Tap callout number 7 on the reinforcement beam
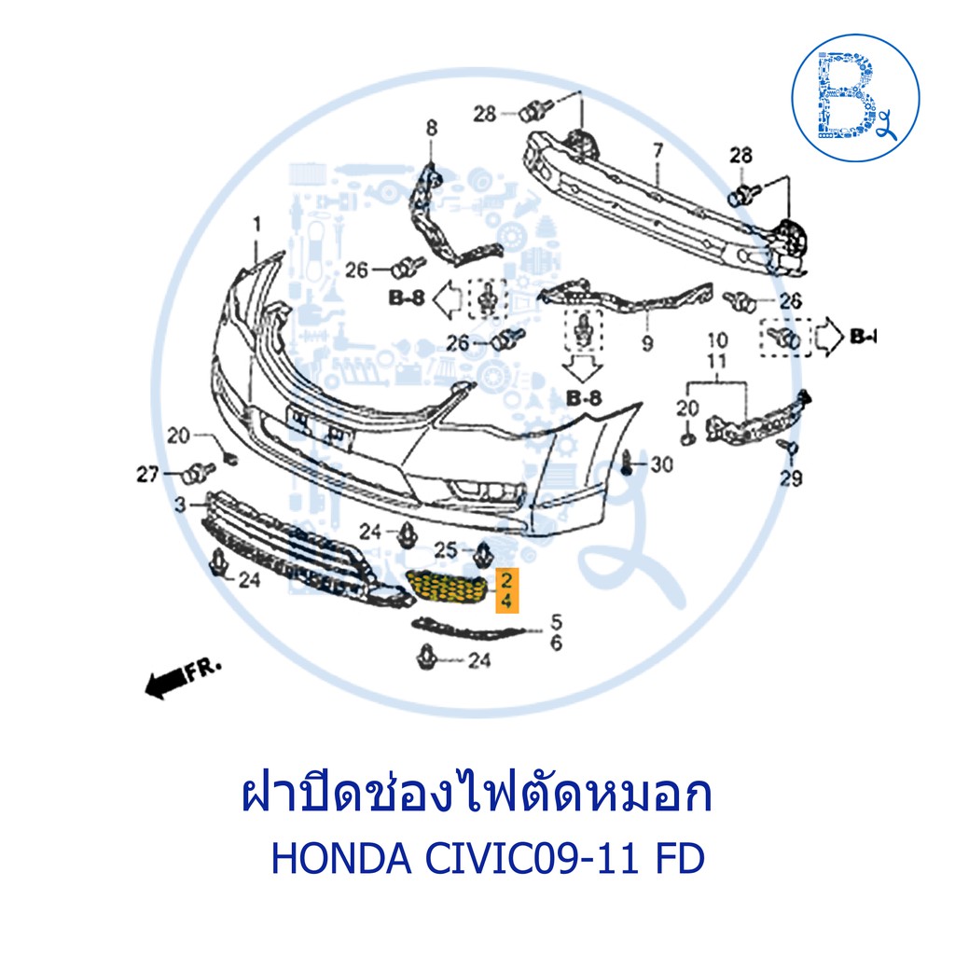(657, 150)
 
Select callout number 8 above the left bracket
(431, 128)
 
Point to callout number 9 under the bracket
(647, 343)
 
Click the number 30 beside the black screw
(662, 464)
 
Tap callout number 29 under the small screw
(791, 478)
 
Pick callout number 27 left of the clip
(147, 474)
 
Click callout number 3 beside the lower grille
(180, 505)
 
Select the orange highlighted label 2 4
(506, 589)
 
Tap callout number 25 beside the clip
(445, 550)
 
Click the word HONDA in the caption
(341, 859)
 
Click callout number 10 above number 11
(717, 340)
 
